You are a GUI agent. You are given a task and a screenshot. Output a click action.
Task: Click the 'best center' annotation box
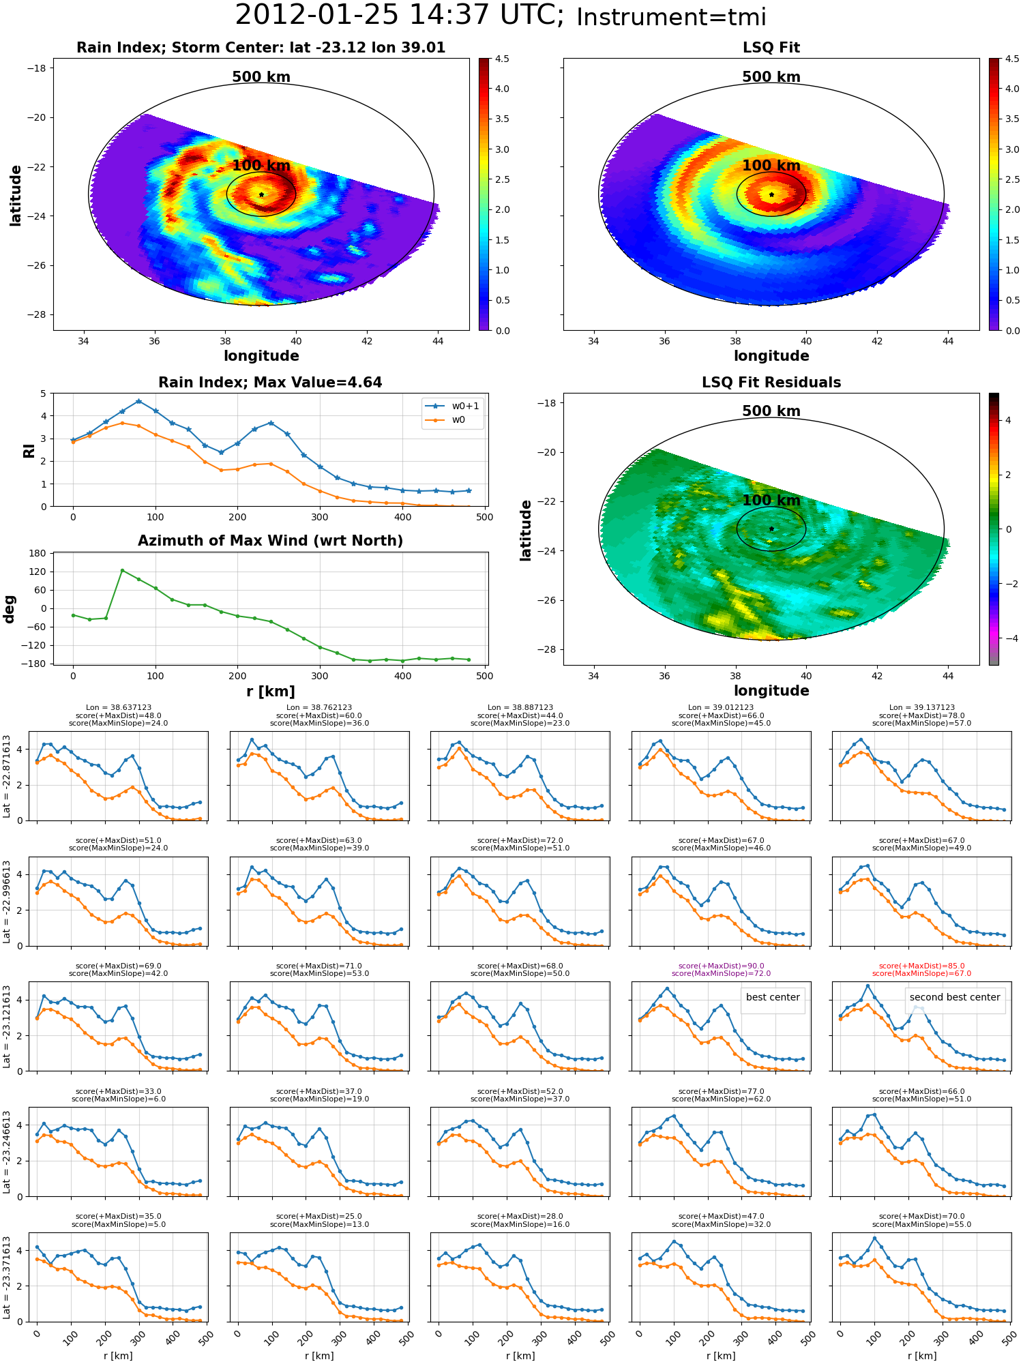pos(773,997)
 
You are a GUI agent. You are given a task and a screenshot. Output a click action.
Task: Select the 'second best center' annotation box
pos(955,997)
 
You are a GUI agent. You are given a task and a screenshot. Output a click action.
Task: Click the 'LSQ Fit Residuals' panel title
pos(771,383)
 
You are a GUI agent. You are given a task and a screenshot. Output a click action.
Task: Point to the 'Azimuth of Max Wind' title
pos(270,541)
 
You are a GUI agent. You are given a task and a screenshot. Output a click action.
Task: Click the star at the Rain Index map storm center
pos(261,194)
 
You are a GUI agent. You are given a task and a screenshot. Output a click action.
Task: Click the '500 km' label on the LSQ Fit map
pos(771,77)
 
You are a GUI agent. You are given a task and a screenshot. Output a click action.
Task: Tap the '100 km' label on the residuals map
pos(771,501)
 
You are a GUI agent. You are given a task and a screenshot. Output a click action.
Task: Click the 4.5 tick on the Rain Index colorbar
pos(502,59)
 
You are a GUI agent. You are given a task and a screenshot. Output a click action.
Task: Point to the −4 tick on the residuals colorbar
pos(1009,638)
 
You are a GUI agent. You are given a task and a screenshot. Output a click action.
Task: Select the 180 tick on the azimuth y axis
pos(38,553)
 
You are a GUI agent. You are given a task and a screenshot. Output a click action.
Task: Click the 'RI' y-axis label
pos(29,450)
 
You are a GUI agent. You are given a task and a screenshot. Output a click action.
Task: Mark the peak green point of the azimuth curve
pos(122,570)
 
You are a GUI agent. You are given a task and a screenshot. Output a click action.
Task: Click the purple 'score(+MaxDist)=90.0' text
pos(721,966)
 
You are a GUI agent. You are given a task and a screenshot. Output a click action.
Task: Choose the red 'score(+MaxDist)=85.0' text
pos(921,966)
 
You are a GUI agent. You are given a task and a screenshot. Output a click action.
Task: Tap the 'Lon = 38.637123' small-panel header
pos(119,708)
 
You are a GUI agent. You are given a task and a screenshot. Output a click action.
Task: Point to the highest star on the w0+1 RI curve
pos(138,402)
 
